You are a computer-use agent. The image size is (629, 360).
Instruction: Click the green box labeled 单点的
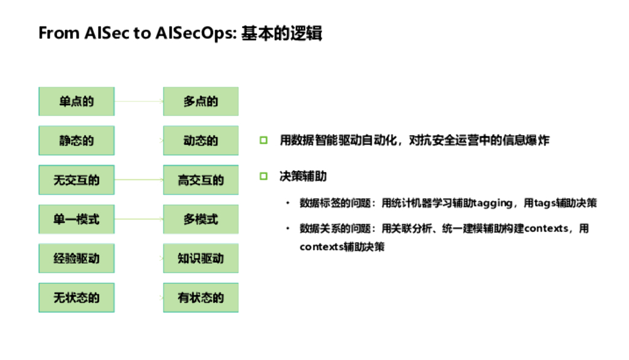76,101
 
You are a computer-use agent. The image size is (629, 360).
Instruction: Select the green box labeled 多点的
200,101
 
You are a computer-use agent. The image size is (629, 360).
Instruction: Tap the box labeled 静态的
76,141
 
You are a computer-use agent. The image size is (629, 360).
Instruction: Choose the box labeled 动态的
200,141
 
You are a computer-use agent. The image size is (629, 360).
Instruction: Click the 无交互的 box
76,180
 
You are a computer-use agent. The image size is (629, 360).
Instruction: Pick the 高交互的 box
200,180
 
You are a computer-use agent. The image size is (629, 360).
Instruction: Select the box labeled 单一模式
76,219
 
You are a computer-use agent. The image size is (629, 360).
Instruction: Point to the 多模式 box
200,219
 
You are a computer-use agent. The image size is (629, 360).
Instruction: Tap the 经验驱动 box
76,258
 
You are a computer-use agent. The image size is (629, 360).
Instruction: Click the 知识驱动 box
200,258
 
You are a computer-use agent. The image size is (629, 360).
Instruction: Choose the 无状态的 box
76,298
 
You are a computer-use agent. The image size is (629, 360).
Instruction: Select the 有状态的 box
200,298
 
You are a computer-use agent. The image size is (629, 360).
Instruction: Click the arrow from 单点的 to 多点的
139,101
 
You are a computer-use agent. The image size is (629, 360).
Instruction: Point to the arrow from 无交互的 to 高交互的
139,180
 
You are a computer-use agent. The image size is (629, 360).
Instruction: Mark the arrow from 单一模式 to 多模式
139,219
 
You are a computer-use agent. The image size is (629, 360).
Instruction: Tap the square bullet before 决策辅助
264,176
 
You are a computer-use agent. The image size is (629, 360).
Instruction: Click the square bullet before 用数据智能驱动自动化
264,141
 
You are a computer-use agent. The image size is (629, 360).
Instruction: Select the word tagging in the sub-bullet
492,203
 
